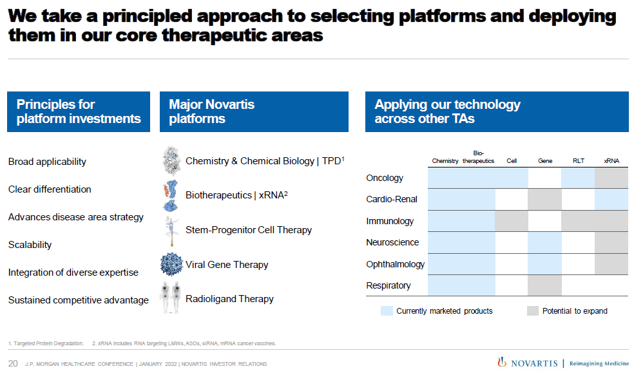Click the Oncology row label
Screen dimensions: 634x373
(385, 178)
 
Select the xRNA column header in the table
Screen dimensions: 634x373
(611, 161)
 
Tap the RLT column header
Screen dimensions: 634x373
(578, 161)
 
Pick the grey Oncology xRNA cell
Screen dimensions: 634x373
(611, 178)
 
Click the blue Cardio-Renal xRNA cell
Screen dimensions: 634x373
(611, 200)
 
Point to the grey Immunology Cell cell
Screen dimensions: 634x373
(512, 221)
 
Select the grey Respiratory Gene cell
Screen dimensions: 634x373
(544, 285)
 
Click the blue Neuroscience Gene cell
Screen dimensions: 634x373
(544, 242)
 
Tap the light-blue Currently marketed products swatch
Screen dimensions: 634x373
(387, 311)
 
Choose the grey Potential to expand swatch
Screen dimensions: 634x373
(532, 311)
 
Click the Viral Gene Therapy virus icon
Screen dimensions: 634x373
(171, 264)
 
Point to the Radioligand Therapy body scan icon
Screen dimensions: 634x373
(170, 298)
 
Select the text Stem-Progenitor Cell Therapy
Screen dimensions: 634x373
(249, 230)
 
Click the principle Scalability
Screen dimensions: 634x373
(30, 245)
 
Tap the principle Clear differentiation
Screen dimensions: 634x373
(50, 189)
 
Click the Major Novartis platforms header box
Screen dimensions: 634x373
(254, 111)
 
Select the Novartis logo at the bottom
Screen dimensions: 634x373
(527, 363)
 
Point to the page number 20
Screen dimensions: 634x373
(13, 363)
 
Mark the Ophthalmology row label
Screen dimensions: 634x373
(396, 264)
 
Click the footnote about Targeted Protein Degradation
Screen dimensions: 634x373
(46, 343)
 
